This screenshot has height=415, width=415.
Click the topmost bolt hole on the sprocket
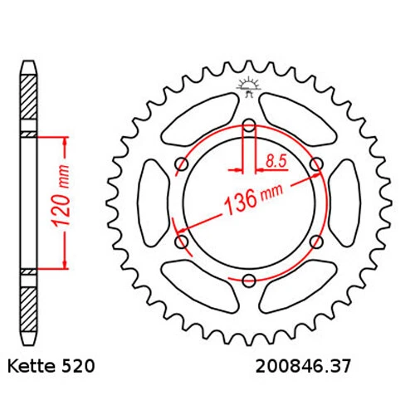click(249, 127)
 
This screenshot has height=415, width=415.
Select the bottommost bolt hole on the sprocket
click(249, 281)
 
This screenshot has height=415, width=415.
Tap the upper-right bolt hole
click(315, 165)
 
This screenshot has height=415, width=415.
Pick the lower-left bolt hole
click(183, 242)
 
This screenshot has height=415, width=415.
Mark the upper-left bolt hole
click(183, 165)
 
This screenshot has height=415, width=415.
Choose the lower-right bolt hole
click(315, 242)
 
